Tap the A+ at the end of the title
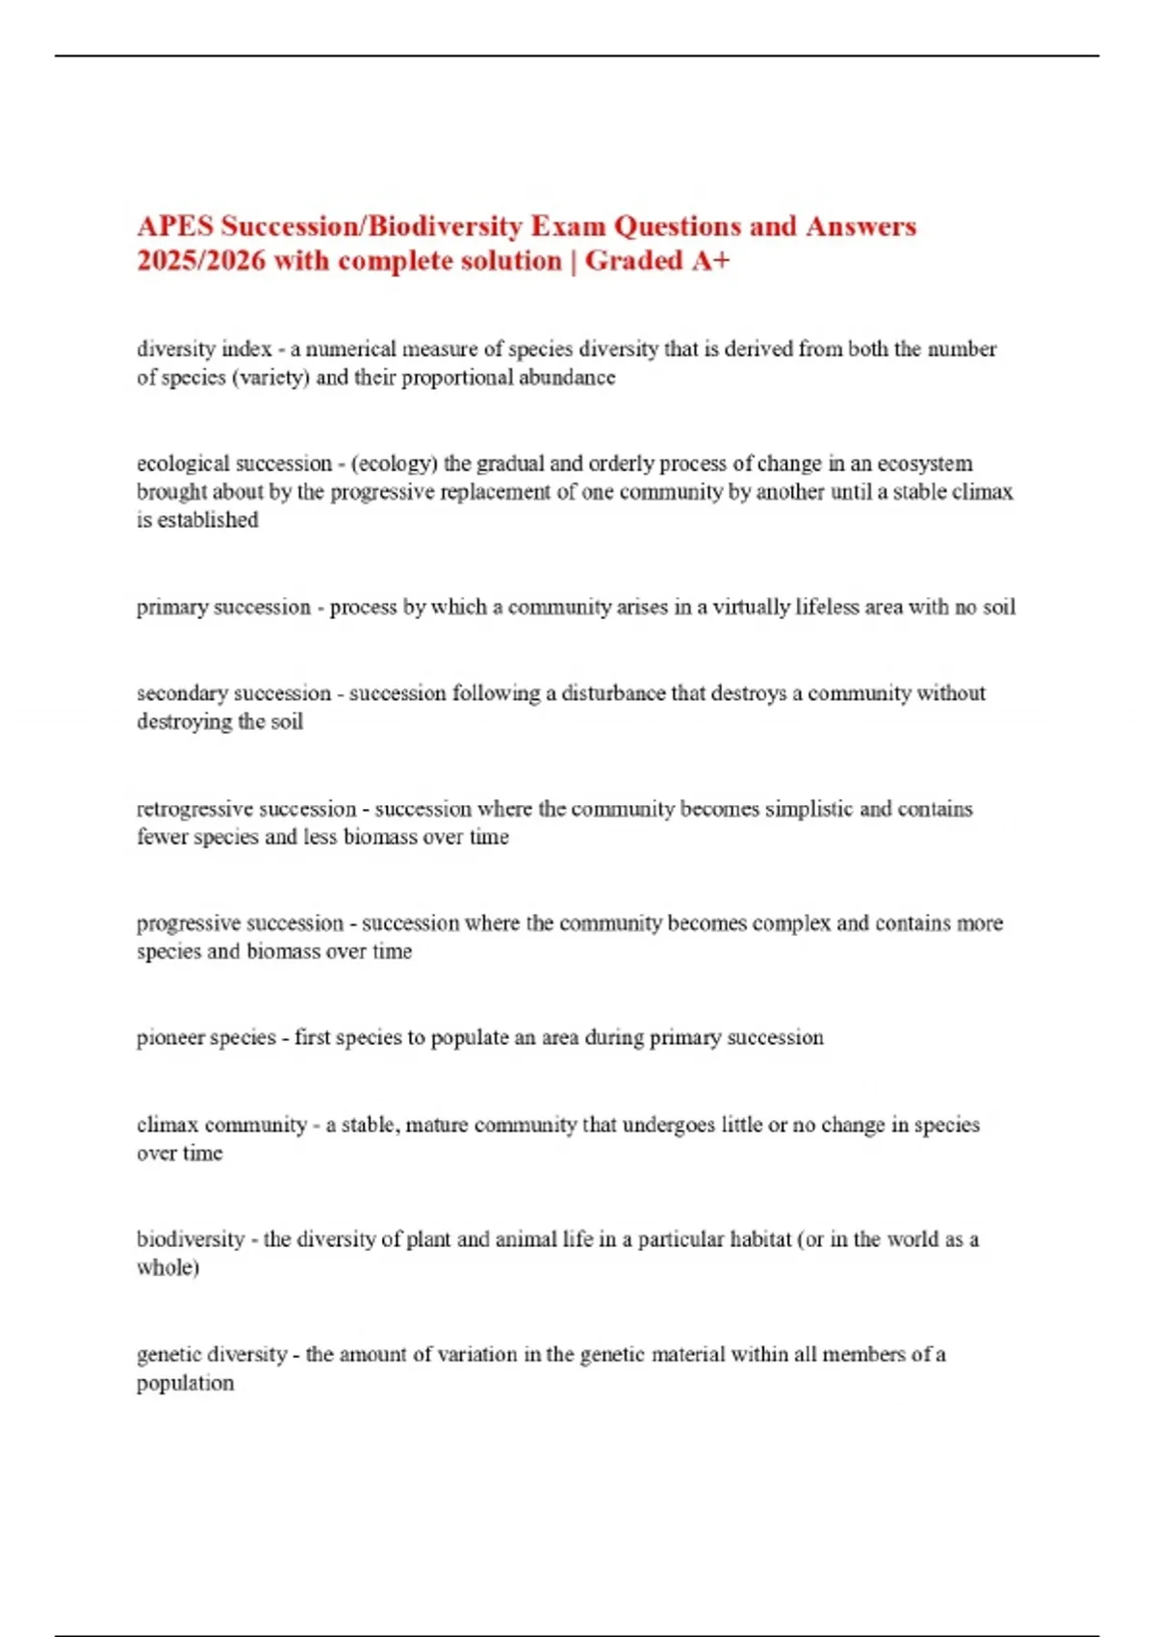[x=710, y=261]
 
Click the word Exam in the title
[x=569, y=226]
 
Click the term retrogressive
[x=193, y=809]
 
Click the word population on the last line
[x=185, y=1384]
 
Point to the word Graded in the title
[x=633, y=261]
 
